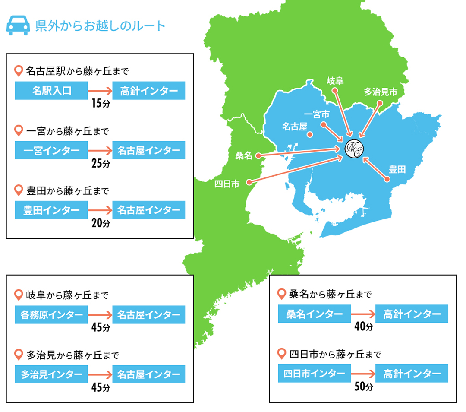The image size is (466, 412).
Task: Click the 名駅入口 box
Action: point(51,91)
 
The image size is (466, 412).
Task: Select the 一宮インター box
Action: point(51,150)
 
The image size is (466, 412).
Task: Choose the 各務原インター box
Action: point(51,315)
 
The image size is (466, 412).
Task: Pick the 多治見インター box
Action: point(51,374)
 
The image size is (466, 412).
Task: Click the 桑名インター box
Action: point(315,314)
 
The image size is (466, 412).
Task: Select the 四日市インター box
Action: point(315,374)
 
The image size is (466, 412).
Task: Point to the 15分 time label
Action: point(101,104)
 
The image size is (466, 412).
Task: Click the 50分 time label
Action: point(363,387)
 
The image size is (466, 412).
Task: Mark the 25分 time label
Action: point(101,164)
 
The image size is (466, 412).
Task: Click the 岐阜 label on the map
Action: point(335,80)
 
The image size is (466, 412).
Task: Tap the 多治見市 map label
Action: point(380,92)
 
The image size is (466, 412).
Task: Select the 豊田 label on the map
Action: point(397,169)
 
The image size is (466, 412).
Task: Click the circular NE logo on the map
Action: point(354,148)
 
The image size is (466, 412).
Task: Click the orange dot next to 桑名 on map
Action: point(258,155)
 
